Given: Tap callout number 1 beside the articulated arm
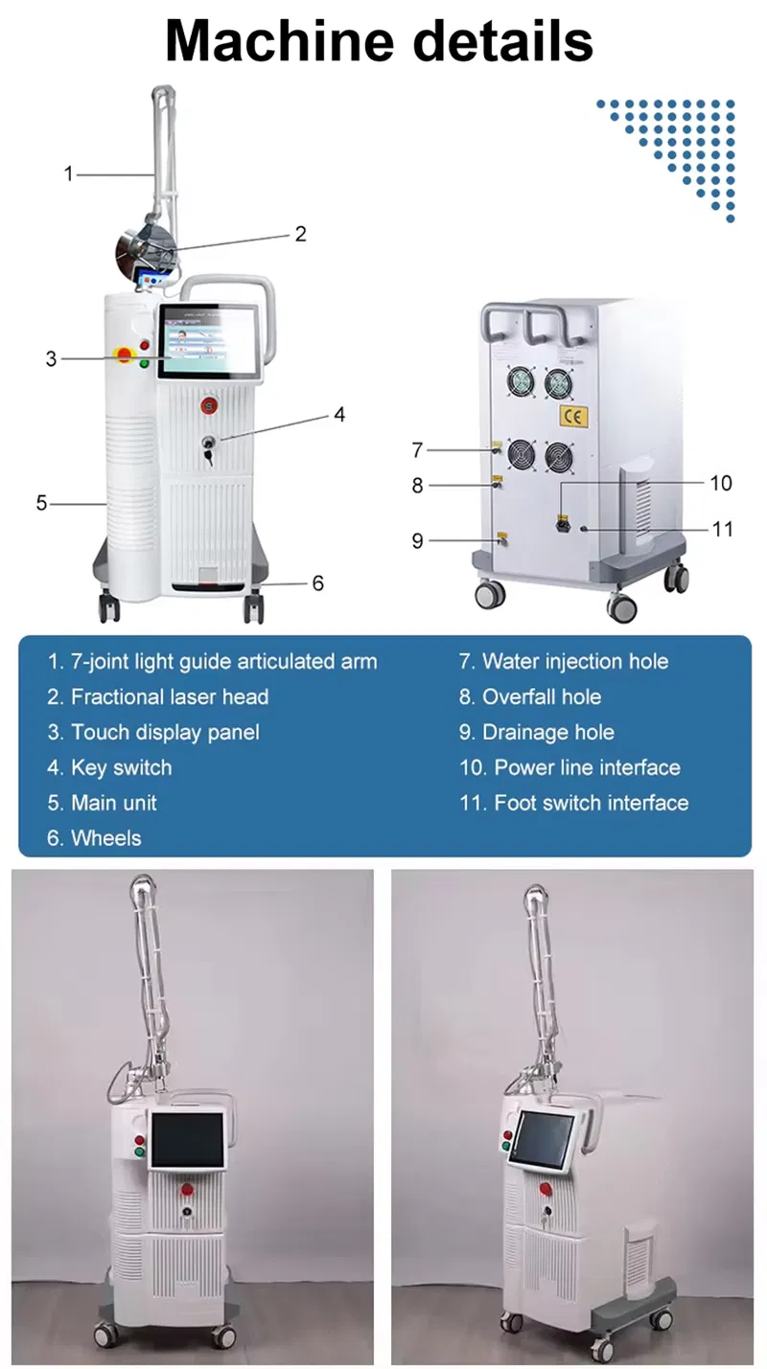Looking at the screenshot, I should pos(68,173).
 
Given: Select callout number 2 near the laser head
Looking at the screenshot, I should pos(300,233).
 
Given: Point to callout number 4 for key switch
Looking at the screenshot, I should pos(338,415).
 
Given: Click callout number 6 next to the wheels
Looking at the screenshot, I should pos(318,582).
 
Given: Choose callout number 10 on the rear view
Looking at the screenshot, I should pos(720,482).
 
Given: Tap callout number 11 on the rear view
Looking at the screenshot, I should pos(722,528).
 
